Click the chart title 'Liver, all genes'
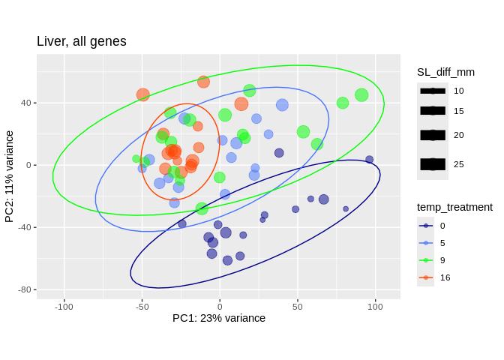tap(82, 42)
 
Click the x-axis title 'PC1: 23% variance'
tap(219, 318)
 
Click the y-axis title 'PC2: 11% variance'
tap(10, 176)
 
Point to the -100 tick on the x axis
tap(64, 306)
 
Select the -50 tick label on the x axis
tap(142, 306)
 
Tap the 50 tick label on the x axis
tap(298, 306)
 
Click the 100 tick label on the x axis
tap(375, 306)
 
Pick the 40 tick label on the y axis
tap(25, 103)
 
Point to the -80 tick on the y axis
tap(22, 289)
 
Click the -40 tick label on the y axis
tap(22, 227)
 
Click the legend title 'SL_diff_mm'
tap(446, 72)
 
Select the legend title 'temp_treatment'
tap(455, 207)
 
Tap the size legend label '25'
tap(459, 163)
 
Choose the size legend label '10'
tap(459, 91)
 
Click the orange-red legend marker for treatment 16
tap(426, 277)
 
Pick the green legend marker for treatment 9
tap(426, 260)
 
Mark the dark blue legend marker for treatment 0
tap(426, 226)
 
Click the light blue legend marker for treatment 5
tap(426, 243)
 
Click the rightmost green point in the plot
tap(361, 95)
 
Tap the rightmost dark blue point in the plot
tap(369, 160)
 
